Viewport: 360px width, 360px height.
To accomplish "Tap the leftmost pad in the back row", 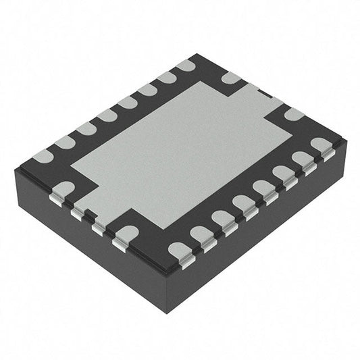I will [43, 156].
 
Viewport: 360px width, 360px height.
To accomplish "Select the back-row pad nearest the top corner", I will [186, 66].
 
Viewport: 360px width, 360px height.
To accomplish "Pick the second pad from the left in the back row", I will [65, 143].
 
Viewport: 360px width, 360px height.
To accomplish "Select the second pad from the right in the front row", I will [302, 159].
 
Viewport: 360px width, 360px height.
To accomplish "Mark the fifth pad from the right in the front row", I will [242, 203].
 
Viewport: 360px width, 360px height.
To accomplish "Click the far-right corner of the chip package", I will [346, 143].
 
